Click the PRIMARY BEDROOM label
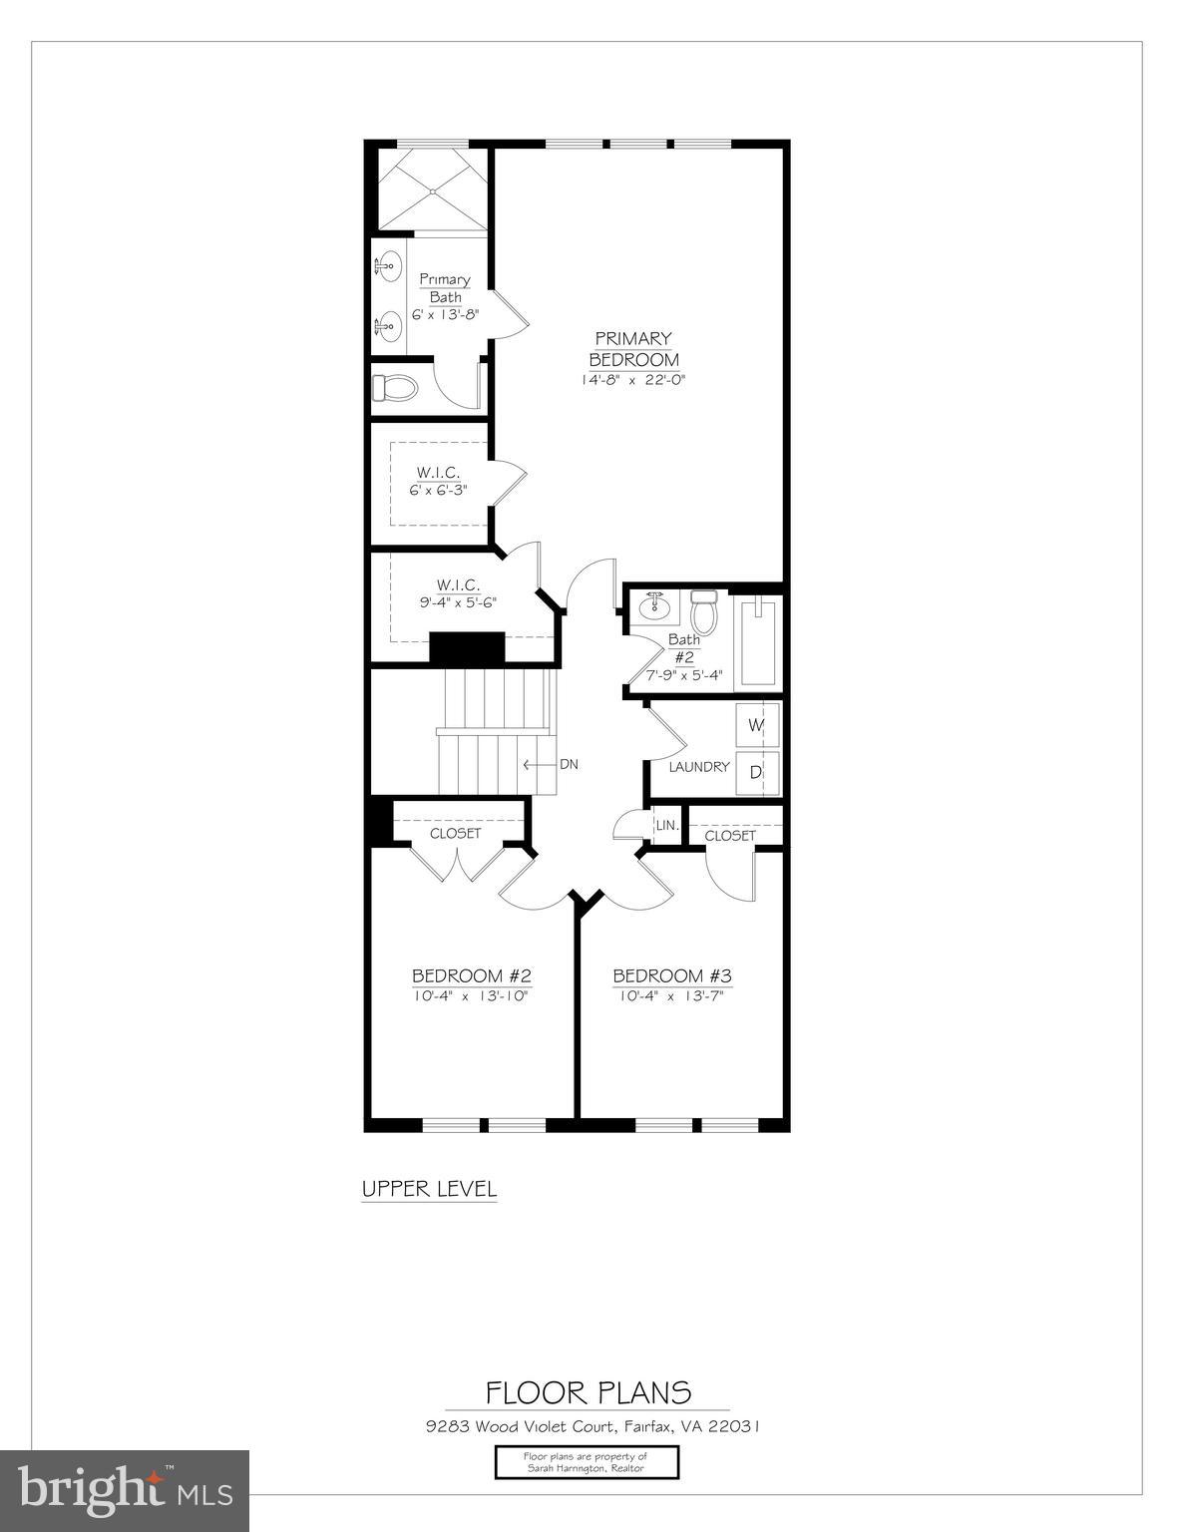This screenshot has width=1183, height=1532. pos(633,349)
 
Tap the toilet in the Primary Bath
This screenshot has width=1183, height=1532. pos(394,388)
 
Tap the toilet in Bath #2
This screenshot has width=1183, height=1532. pos(704,611)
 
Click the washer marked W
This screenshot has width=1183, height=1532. pos(756,725)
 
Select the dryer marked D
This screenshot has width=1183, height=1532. pos(756,772)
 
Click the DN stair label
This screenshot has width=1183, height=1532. pos(569,765)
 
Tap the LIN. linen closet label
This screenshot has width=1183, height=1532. pos(666,826)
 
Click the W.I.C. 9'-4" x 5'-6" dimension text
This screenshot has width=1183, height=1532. pos(458,602)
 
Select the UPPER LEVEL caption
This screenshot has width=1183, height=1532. pos(429,1189)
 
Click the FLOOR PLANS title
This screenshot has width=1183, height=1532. pos(589,1392)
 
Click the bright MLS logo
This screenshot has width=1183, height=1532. pos(125,1489)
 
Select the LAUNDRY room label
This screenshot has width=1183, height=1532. pos(698,767)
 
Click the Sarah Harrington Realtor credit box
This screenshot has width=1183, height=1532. pos(587,1462)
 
